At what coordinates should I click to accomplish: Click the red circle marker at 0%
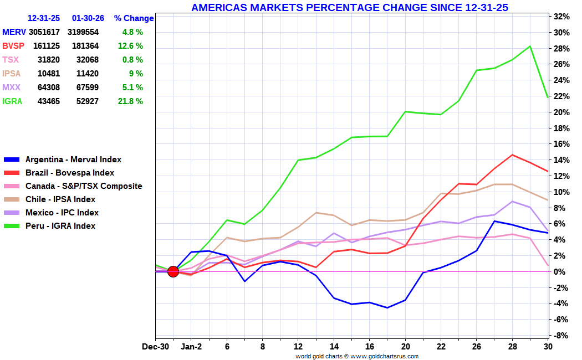click(173, 271)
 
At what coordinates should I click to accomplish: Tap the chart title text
click(350, 7)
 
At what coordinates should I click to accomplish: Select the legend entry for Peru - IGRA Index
click(50, 226)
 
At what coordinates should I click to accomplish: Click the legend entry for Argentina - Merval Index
click(63, 160)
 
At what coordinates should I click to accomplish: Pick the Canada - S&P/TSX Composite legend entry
click(73, 186)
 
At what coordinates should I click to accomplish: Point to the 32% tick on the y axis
click(561, 16)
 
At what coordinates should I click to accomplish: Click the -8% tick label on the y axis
click(561, 335)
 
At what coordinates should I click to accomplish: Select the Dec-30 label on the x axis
click(155, 347)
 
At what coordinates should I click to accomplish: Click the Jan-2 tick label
click(191, 347)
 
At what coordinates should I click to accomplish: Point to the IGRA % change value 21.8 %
click(130, 101)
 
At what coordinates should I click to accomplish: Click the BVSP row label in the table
click(13, 46)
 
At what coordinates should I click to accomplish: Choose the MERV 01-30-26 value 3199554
click(83, 32)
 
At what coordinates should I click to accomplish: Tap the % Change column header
click(134, 18)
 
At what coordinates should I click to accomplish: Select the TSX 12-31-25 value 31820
click(49, 60)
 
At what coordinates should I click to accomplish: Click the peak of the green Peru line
click(530, 47)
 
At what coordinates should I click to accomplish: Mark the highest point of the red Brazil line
click(512, 155)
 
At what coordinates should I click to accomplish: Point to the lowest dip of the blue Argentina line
click(387, 308)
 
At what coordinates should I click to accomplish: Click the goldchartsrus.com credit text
click(357, 356)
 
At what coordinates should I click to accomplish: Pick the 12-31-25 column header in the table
click(44, 18)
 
